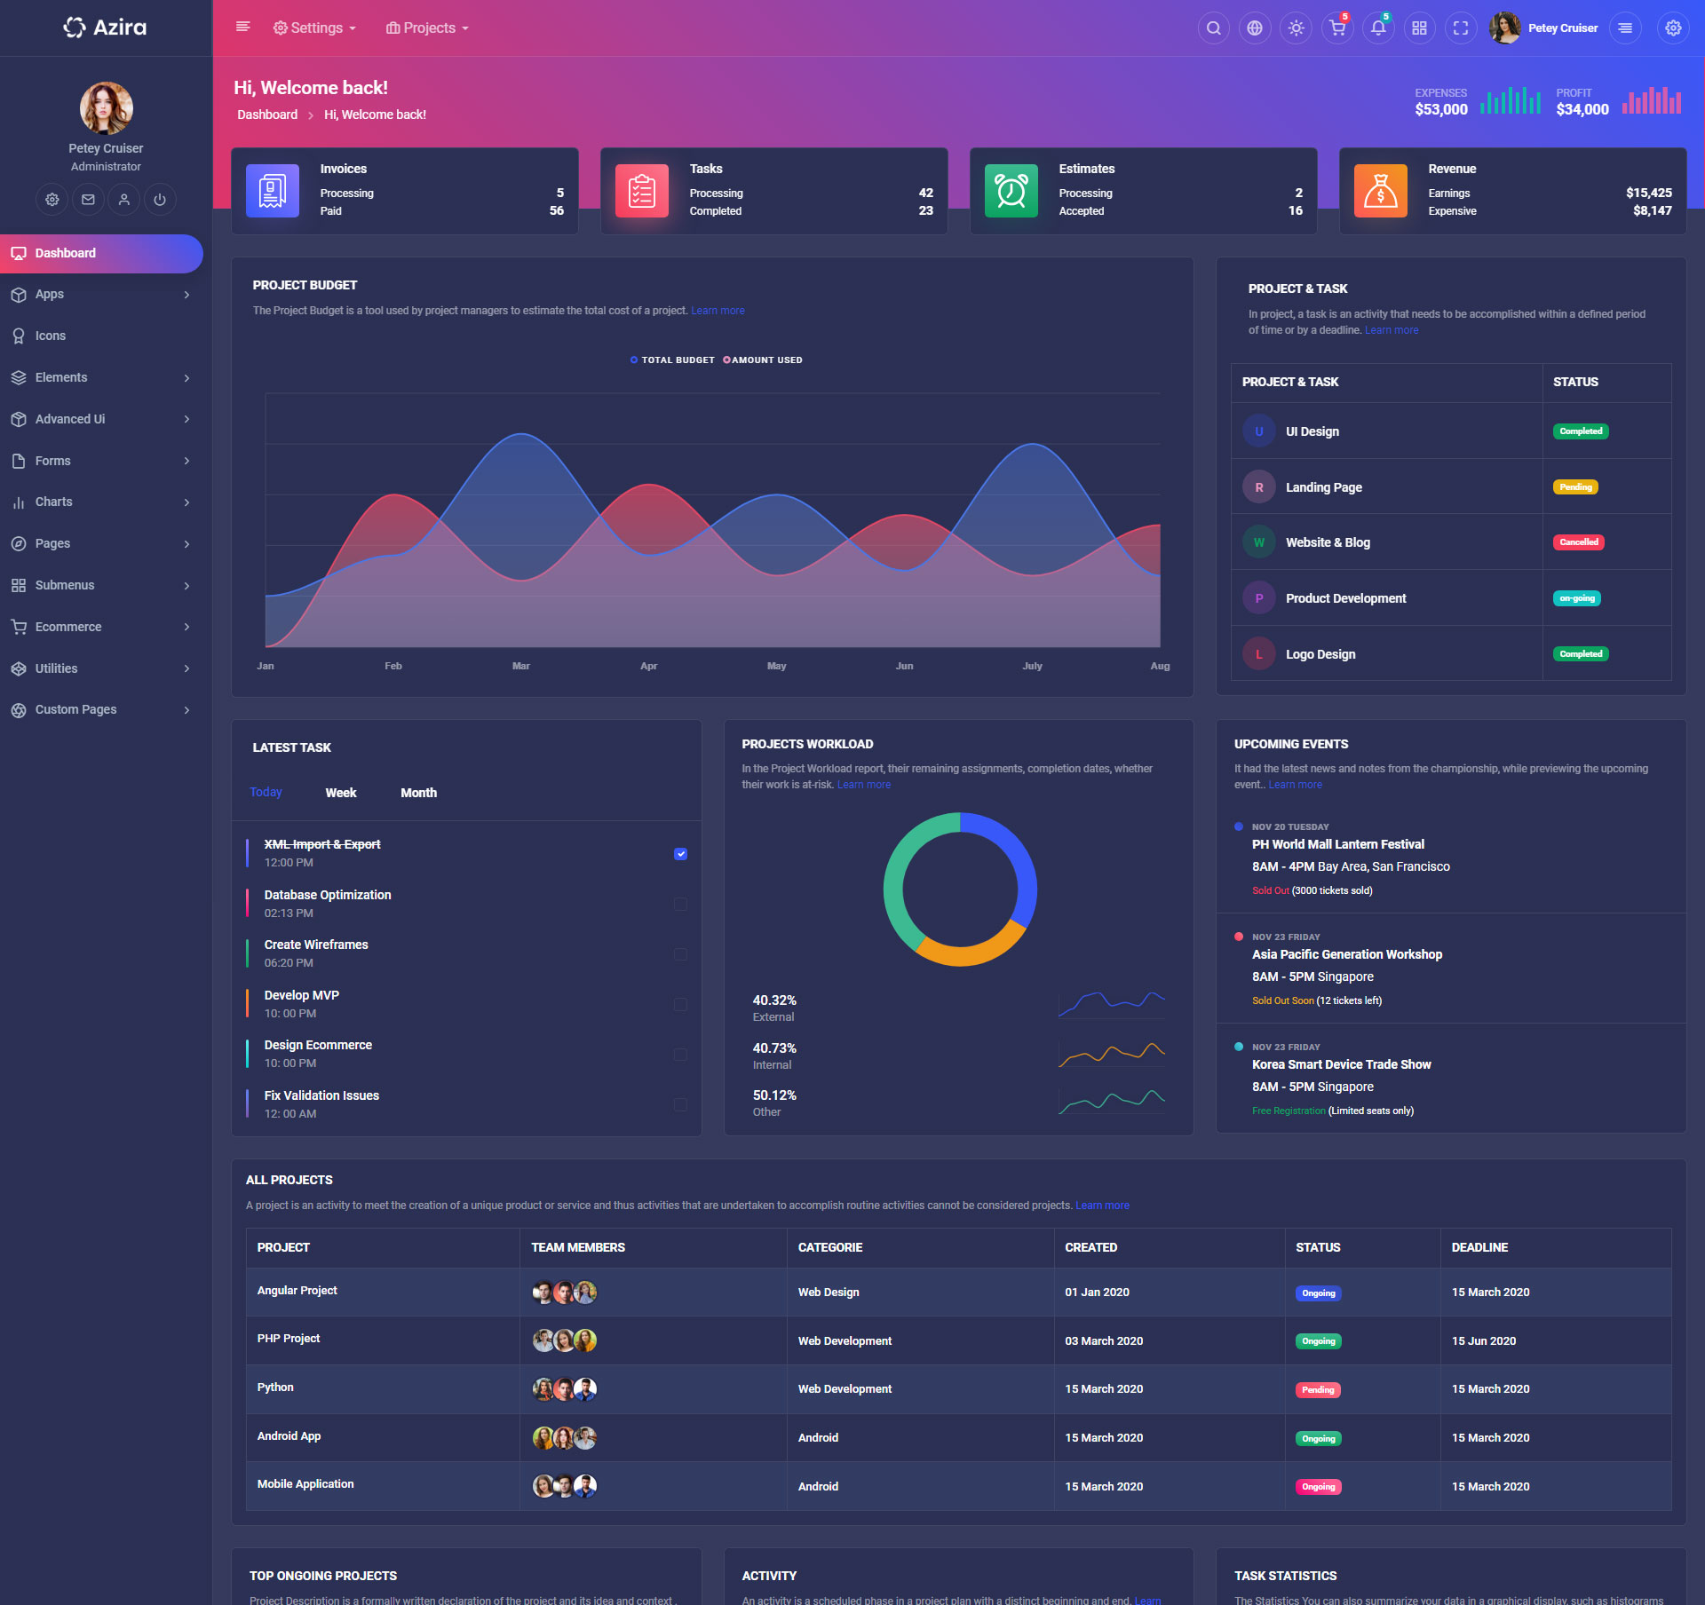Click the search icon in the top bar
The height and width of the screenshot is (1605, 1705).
(1213, 28)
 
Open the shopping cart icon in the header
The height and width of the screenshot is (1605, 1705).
(1336, 28)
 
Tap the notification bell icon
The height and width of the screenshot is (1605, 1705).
(1378, 28)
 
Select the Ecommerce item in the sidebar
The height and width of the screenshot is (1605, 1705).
(68, 627)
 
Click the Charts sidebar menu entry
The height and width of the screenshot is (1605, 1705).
(54, 502)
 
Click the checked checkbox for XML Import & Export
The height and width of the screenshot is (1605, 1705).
(680, 854)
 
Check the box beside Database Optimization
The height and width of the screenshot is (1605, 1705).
(680, 904)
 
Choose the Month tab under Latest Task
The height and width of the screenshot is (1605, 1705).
(418, 793)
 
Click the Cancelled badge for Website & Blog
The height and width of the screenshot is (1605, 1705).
(1578, 542)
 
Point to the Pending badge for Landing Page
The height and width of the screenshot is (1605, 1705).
(1574, 487)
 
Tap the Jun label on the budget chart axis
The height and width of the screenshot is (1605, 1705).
(904, 666)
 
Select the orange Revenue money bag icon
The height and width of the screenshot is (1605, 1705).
(1380, 191)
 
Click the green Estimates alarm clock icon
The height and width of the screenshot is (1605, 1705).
(1011, 191)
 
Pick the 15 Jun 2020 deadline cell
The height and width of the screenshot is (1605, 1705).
(1483, 1340)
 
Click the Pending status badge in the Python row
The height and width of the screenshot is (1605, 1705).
(1318, 1389)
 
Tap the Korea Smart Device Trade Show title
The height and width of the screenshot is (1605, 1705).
(1341, 1064)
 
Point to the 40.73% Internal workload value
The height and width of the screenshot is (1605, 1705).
(774, 1048)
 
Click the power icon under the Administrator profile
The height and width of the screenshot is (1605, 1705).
(160, 200)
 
